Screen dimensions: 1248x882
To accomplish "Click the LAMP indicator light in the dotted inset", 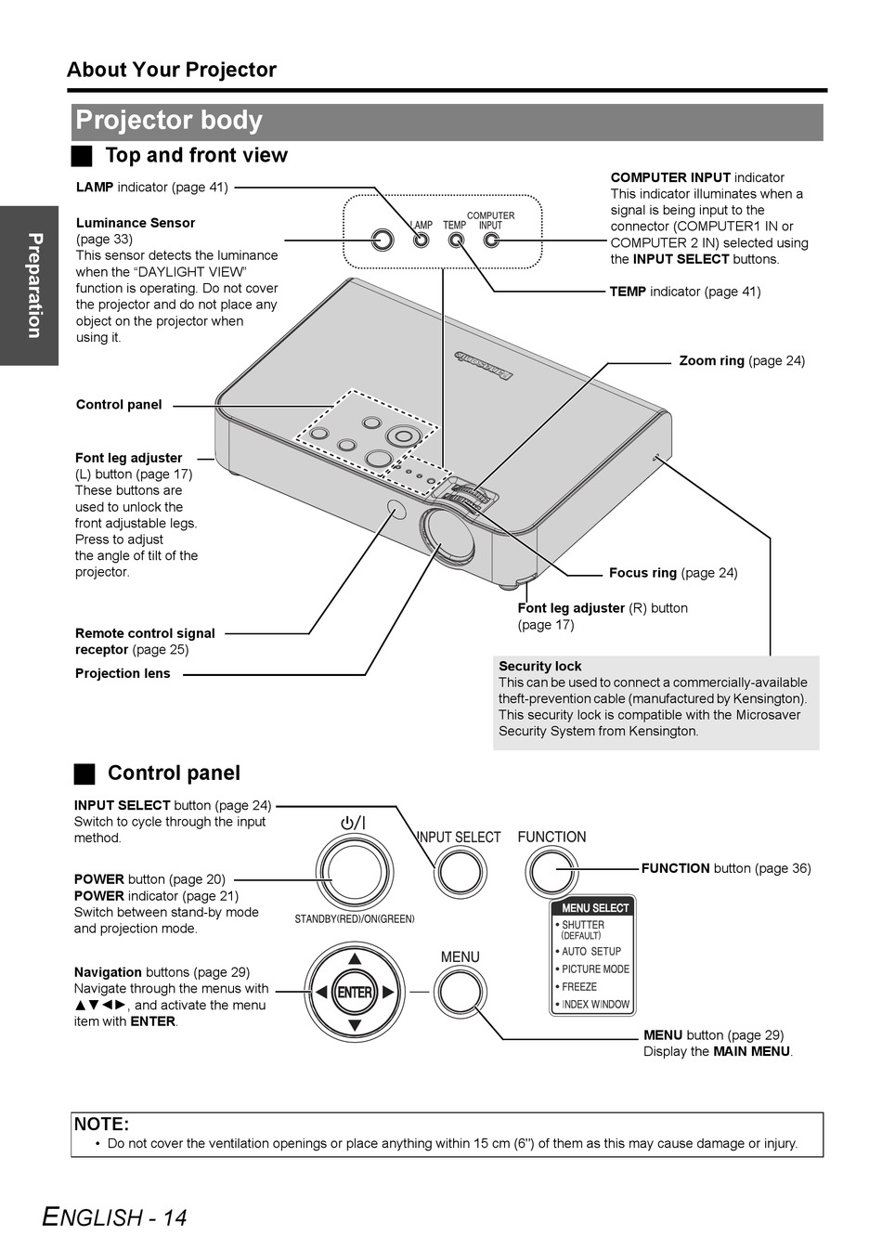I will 422,240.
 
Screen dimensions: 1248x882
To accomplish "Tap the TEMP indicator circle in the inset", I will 456,240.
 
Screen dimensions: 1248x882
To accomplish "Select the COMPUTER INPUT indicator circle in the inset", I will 491,240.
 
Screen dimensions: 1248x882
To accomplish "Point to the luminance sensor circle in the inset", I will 383,240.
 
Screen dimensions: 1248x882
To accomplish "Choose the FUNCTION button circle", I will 552,871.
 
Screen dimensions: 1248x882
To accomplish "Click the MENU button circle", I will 460,992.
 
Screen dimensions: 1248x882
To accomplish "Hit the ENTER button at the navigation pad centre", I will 355,992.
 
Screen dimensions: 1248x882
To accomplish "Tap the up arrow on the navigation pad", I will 355,958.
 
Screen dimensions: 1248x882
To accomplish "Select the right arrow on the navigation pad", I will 389,992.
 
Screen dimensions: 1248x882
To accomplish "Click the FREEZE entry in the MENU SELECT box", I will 579,986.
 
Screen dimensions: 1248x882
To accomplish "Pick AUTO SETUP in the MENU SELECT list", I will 590,952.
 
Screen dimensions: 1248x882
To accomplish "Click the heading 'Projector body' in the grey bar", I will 169,121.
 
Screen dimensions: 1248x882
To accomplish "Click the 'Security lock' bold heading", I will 539,666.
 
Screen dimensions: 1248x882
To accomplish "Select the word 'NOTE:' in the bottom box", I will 101,1124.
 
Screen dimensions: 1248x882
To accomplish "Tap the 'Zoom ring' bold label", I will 711,360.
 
